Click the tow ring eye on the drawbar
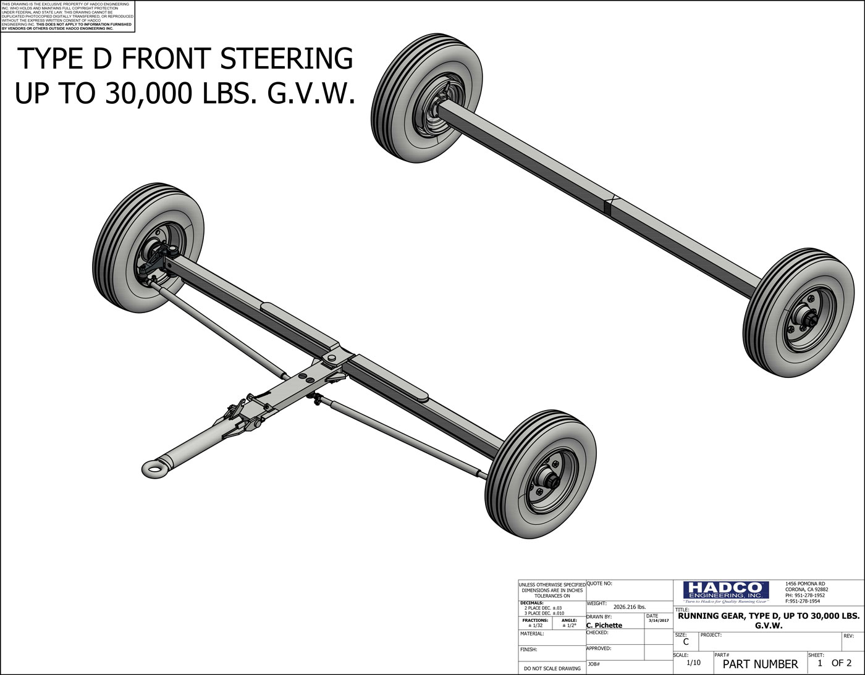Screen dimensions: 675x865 (x=153, y=467)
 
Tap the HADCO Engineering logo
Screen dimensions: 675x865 (x=725, y=591)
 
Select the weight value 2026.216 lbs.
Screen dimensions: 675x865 (x=629, y=607)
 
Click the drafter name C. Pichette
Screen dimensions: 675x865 (x=604, y=626)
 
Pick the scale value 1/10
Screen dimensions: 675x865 (x=694, y=663)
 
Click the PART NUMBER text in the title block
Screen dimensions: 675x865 (x=760, y=665)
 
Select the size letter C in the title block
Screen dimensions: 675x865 (x=685, y=642)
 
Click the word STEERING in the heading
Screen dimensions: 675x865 (x=287, y=59)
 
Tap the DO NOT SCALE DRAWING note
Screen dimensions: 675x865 (x=552, y=668)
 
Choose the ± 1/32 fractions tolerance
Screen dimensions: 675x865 (x=535, y=626)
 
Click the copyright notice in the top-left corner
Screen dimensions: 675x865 (x=67, y=16)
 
